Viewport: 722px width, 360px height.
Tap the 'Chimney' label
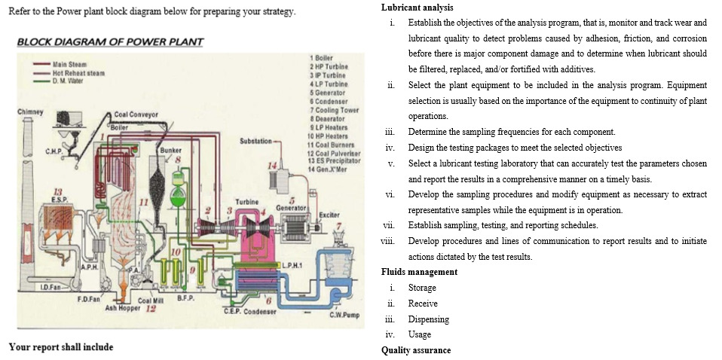point(28,112)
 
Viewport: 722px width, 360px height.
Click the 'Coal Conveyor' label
point(136,114)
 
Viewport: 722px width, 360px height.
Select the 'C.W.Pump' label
point(344,314)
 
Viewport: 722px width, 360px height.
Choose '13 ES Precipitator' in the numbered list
point(335,158)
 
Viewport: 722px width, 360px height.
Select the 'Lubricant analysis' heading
point(417,8)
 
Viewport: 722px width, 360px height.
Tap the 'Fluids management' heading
point(419,272)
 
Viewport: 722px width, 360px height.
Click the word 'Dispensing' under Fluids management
point(428,319)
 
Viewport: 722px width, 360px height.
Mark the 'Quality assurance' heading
point(415,350)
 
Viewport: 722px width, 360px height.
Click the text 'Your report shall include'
point(60,347)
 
